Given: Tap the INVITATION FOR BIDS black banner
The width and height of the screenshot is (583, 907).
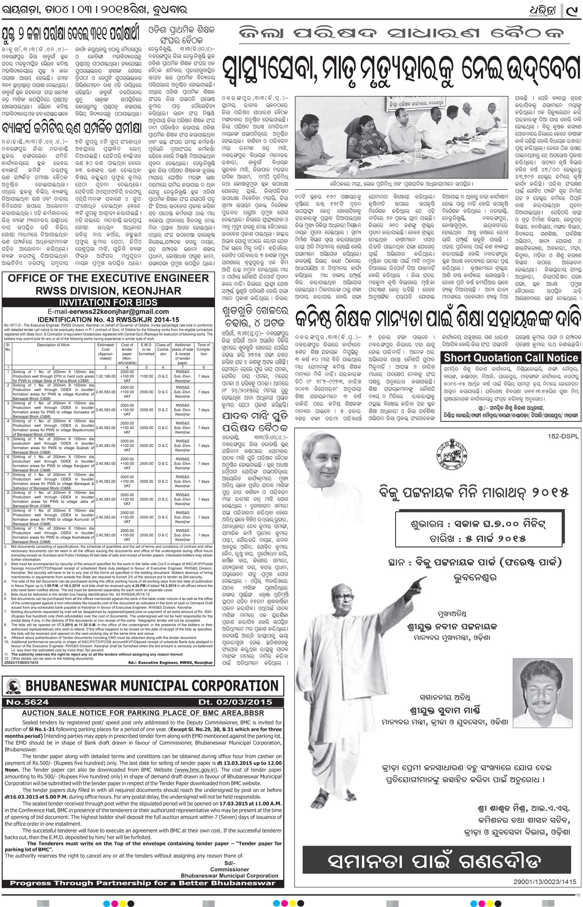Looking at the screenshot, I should click(x=108, y=302).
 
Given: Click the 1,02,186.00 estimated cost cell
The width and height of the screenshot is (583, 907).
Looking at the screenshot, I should click(x=106, y=376).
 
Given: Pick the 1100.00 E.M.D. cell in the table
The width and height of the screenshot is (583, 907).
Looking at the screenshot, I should click(x=147, y=376).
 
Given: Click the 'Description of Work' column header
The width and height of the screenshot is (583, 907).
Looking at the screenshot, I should click(x=54, y=345).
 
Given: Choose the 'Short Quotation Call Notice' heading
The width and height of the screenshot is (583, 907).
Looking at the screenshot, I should click(x=511, y=357).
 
